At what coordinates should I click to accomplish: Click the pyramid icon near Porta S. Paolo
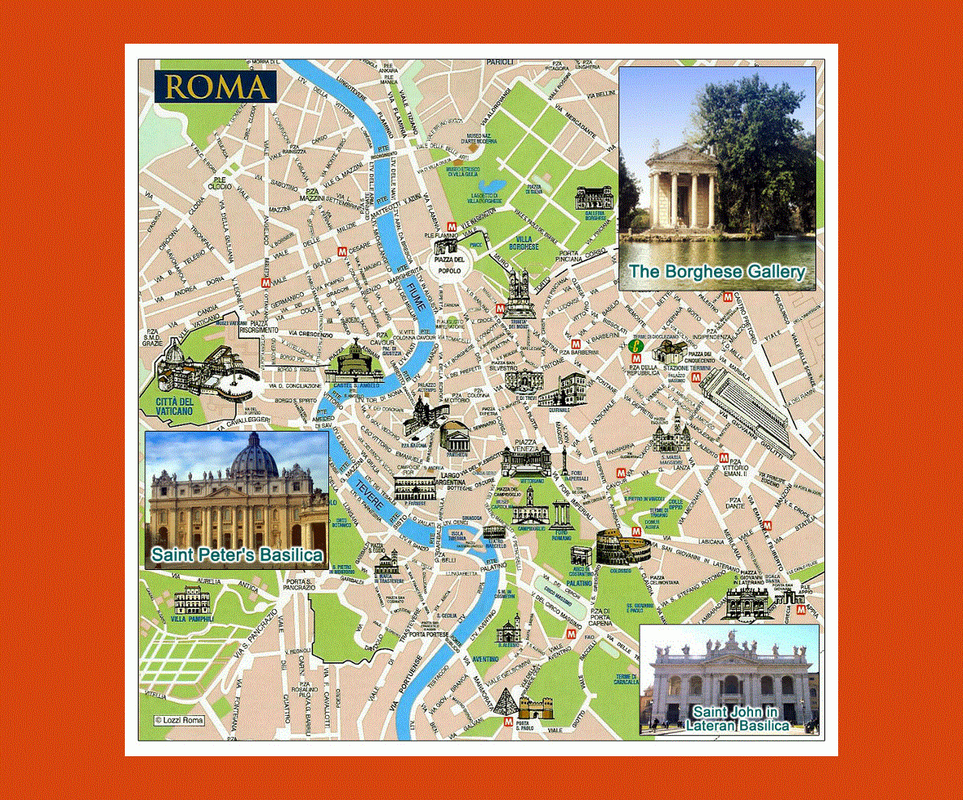pyautogui.click(x=507, y=700)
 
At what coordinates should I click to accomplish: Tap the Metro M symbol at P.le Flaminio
pyautogui.click(x=462, y=226)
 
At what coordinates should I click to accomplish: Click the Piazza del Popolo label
pyautogui.click(x=449, y=265)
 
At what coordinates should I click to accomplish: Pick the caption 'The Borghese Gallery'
pyautogui.click(x=717, y=271)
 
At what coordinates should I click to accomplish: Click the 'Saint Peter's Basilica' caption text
pyautogui.click(x=237, y=555)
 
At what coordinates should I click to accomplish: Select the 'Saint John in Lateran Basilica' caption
pyautogui.click(x=737, y=718)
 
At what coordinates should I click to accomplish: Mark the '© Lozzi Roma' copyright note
pyautogui.click(x=179, y=720)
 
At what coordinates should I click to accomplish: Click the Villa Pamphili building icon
pyautogui.click(x=192, y=602)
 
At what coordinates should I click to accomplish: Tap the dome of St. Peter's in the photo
pyautogui.click(x=254, y=456)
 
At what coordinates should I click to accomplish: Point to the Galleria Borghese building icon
pyautogui.click(x=592, y=198)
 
